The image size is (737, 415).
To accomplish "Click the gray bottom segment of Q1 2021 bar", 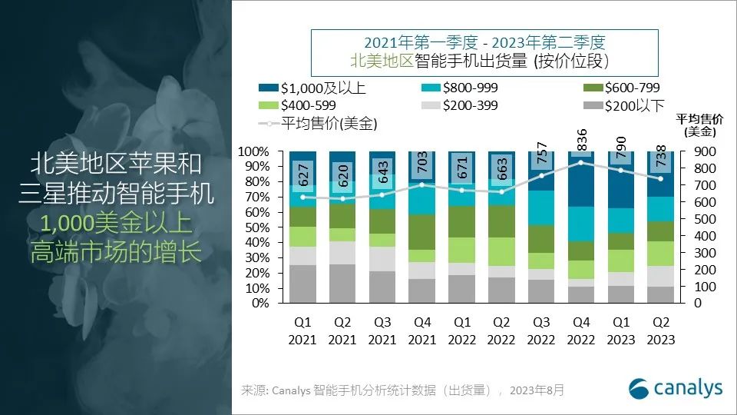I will coord(302,284).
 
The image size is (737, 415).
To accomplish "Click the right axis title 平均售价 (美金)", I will coord(697,124).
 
